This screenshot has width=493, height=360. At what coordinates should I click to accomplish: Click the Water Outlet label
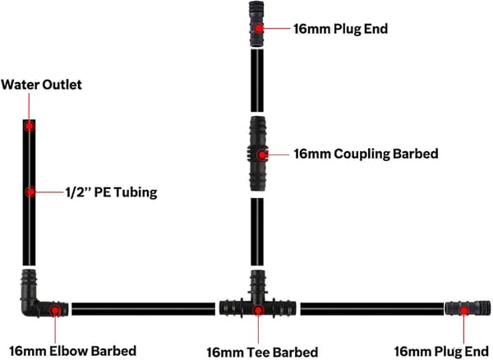42,85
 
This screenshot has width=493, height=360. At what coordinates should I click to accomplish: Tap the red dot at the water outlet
30,126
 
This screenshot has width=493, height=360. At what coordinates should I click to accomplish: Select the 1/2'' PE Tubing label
111,192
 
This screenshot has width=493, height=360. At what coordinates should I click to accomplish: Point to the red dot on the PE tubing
30,192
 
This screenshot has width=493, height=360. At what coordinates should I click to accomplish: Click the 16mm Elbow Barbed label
72,351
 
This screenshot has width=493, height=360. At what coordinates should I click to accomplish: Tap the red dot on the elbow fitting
55,311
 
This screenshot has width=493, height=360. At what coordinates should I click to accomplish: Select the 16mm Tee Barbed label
262,352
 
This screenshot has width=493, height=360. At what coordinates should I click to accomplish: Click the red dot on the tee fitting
258,311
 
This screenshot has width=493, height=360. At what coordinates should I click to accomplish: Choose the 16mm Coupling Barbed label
366,154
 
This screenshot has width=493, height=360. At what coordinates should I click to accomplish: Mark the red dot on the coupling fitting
261,155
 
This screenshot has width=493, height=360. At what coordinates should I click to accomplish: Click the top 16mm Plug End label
340,29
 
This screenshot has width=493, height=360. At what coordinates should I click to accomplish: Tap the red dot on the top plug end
258,28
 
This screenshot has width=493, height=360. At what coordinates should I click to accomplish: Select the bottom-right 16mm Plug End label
440,351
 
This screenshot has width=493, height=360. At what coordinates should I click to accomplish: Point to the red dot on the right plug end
463,311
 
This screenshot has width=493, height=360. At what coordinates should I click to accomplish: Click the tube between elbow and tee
143,309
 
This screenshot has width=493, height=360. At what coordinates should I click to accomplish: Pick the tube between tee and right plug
372,309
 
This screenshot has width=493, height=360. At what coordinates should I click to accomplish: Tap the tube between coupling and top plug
257,81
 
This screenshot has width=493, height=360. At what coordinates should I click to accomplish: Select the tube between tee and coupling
257,232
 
